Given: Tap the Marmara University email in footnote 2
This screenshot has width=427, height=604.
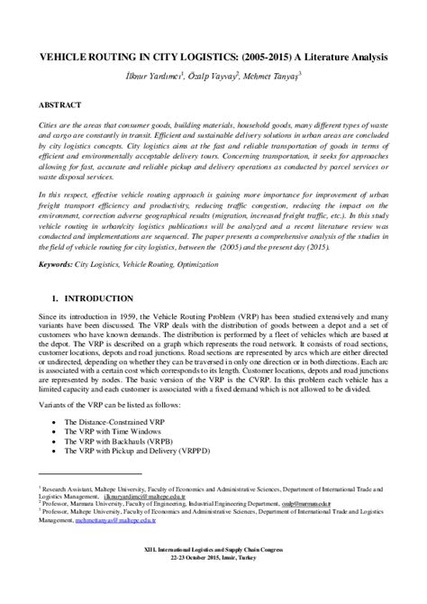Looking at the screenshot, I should [321, 504].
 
